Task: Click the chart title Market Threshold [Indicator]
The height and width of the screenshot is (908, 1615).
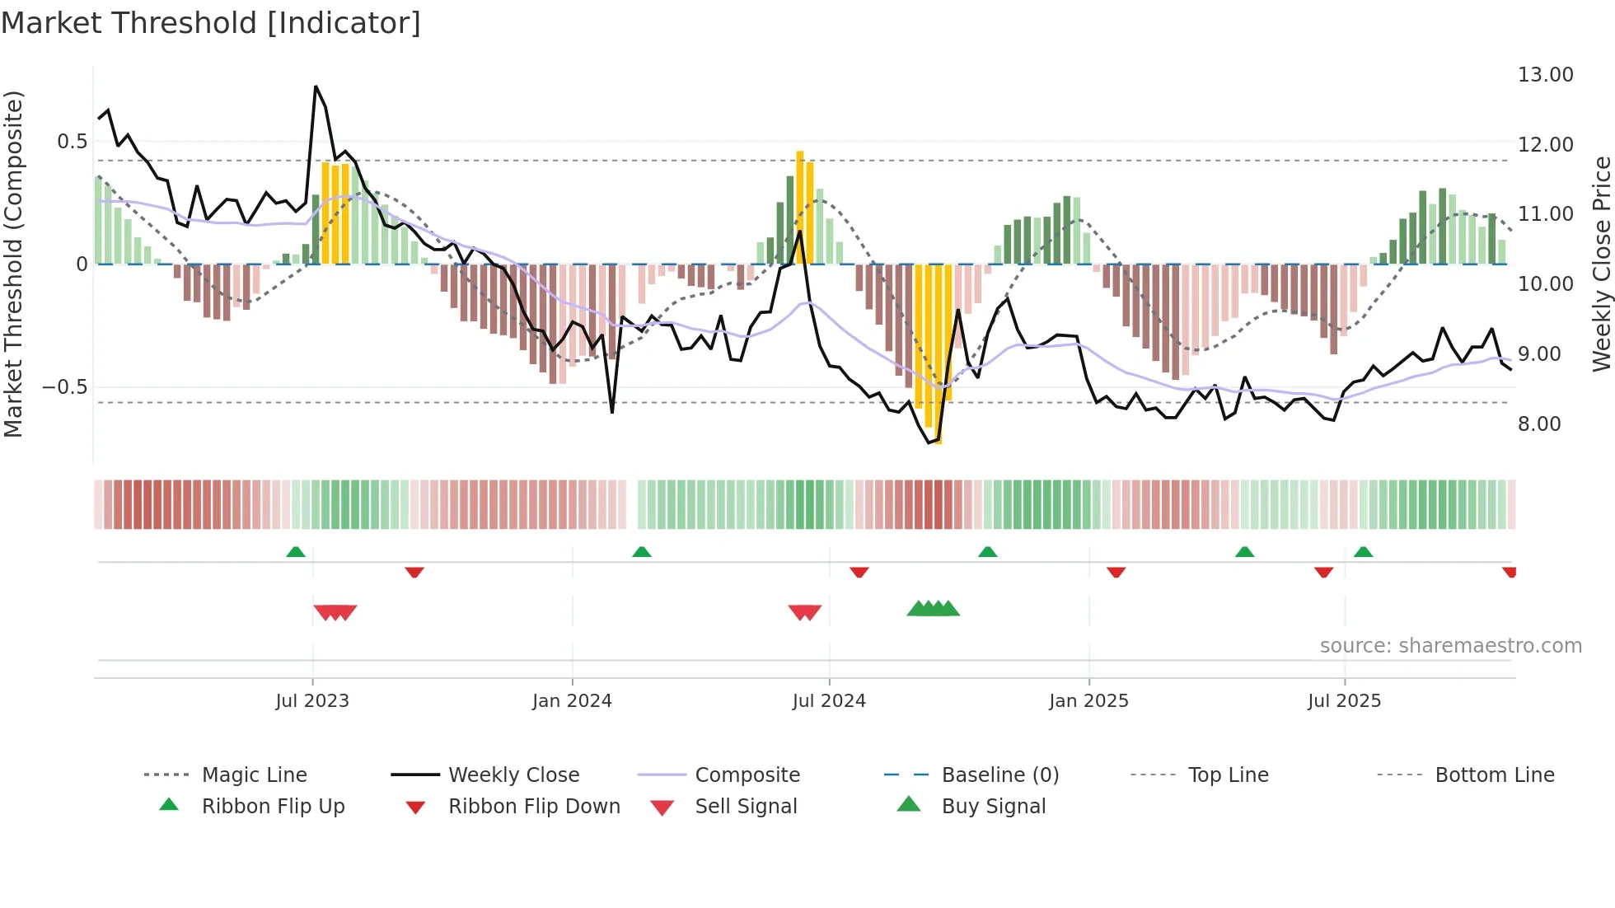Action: click(211, 23)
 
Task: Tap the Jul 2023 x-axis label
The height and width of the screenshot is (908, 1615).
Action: click(312, 700)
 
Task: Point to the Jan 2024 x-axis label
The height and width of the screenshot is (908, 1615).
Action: click(572, 700)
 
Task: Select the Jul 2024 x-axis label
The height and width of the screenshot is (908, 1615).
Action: click(829, 700)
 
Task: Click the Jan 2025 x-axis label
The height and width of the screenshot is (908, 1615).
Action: click(1088, 700)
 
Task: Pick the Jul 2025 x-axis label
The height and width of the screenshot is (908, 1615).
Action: click(1344, 700)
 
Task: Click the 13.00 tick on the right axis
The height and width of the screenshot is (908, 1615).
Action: click(1545, 75)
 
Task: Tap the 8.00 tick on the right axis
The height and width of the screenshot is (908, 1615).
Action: click(1538, 424)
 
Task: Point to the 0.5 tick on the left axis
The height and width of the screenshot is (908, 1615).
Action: click(72, 142)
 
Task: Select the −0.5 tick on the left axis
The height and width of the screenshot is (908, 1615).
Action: click(65, 387)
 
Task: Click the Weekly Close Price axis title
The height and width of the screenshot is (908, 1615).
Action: click(1601, 264)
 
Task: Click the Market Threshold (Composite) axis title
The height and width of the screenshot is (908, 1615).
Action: click(13, 264)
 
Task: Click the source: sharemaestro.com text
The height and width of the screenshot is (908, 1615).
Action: click(1450, 646)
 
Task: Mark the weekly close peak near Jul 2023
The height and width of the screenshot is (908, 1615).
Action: click(316, 87)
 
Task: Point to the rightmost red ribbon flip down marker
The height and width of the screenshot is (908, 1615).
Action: click(1510, 572)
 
